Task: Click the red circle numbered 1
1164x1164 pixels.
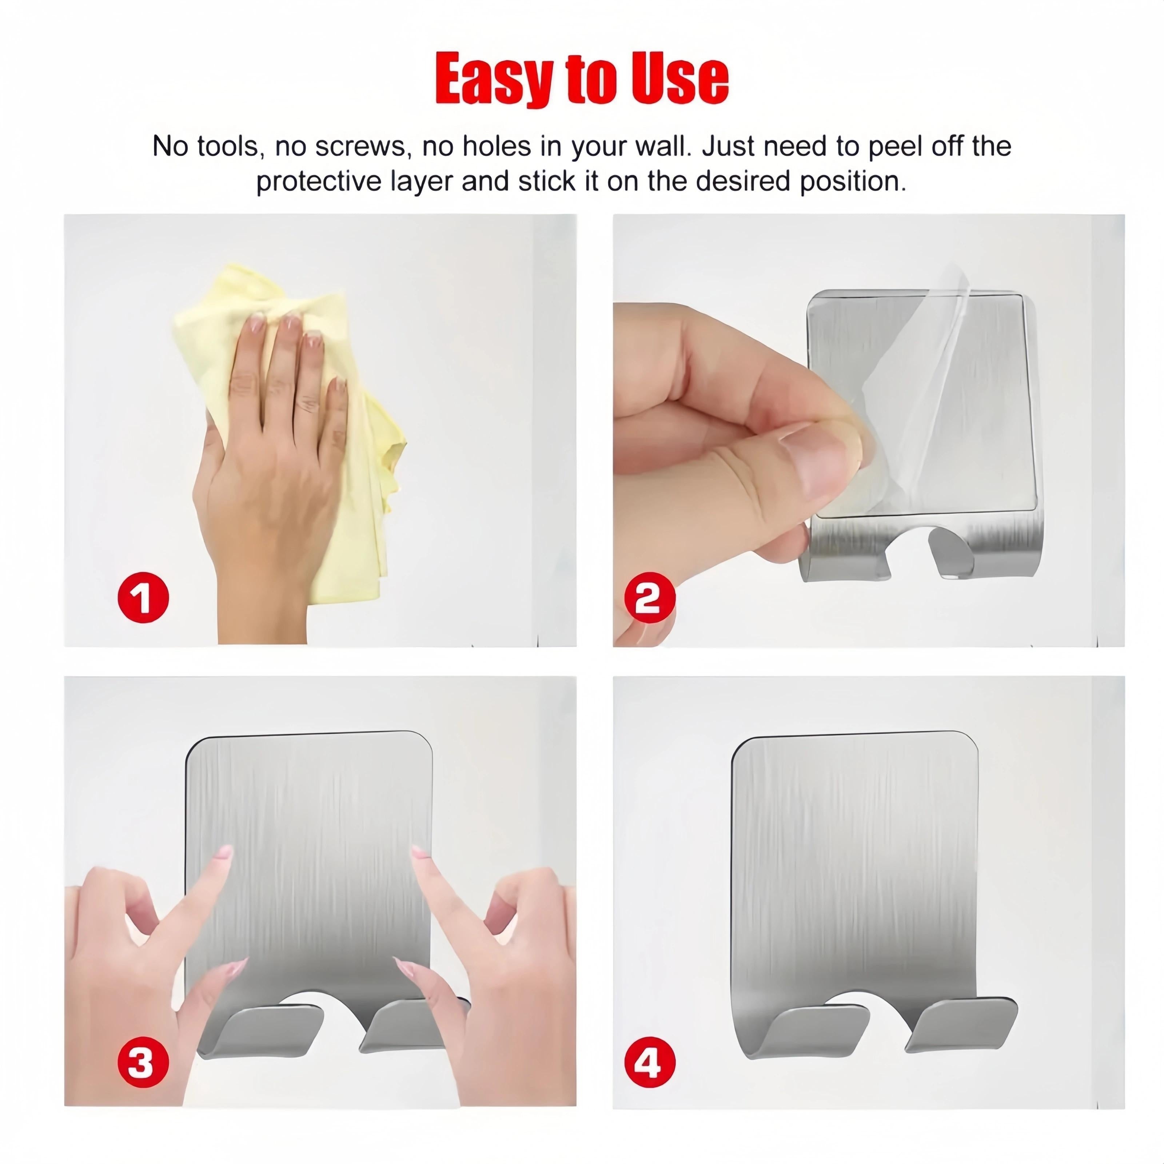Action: coord(143,598)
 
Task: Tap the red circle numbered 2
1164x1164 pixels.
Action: coord(648,598)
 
